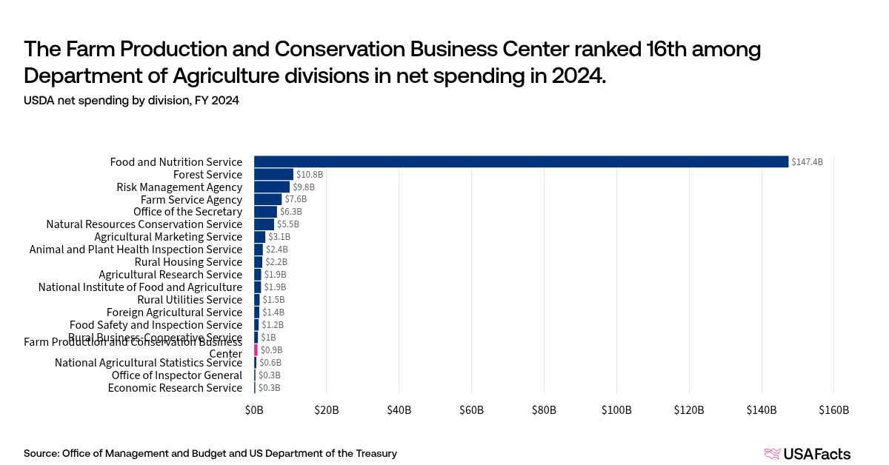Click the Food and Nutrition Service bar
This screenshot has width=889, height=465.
tap(521, 161)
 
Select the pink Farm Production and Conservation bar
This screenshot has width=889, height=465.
tap(256, 350)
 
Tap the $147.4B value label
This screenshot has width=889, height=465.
tap(807, 161)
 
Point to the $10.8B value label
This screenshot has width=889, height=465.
tap(309, 175)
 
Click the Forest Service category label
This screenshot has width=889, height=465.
tap(207, 175)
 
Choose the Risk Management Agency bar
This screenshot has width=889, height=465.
tap(271, 187)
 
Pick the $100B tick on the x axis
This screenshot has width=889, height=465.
tap(616, 410)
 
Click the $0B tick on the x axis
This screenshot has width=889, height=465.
tap(254, 410)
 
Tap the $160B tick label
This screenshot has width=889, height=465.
tap(833, 410)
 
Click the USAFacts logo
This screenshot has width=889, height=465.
tap(807, 454)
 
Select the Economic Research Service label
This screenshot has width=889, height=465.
tap(175, 388)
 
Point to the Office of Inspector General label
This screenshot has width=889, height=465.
tap(176, 375)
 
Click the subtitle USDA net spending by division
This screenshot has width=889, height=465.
tap(131, 101)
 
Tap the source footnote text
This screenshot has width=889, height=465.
tap(210, 453)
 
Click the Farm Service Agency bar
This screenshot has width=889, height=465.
tap(267, 199)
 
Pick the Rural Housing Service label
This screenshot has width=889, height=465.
tap(188, 262)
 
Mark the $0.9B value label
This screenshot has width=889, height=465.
tap(271, 350)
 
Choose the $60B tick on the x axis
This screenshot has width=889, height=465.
tap(471, 410)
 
